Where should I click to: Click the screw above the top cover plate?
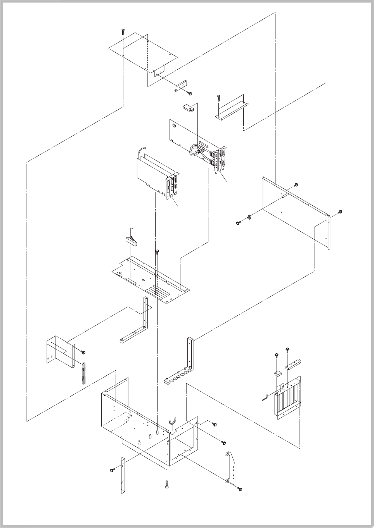click(x=123, y=31)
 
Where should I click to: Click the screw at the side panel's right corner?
click(x=340, y=212)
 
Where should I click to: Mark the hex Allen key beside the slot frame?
click(x=265, y=398)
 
